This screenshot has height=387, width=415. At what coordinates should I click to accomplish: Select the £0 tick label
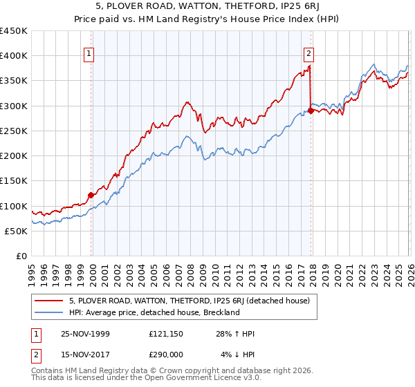pos(22,256)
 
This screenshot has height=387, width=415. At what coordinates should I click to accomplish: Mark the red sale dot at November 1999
pos(91,196)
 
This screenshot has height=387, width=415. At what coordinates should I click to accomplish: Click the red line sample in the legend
pos(50,301)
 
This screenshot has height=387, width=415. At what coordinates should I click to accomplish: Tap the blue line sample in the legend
pos(50,312)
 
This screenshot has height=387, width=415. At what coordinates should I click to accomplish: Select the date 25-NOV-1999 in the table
pos(85,333)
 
